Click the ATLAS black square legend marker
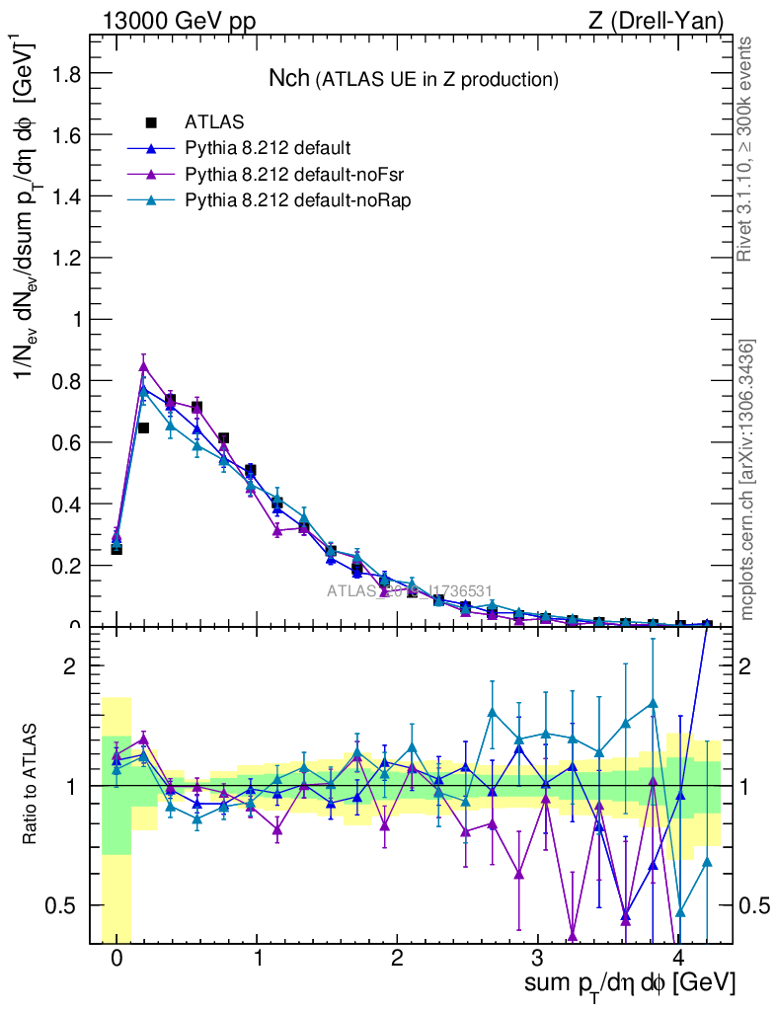click(x=151, y=122)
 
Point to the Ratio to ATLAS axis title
click(x=32, y=785)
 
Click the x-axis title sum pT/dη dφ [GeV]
click(x=630, y=984)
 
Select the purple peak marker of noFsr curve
click(x=144, y=366)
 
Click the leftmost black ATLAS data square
click(x=116, y=548)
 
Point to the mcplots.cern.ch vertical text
click(x=747, y=480)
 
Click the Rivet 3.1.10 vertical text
click(x=747, y=149)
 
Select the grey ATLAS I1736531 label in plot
click(x=410, y=591)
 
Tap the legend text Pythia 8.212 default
click(x=268, y=149)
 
